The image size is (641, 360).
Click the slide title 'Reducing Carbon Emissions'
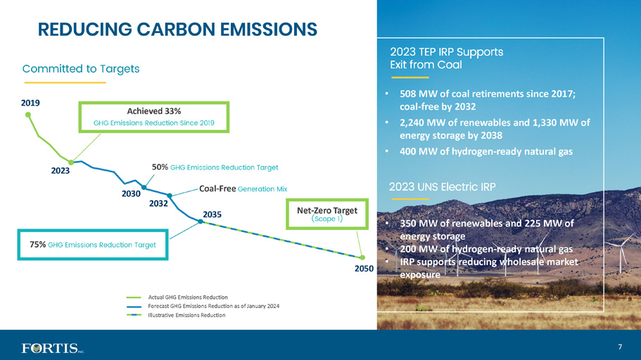click(177, 30)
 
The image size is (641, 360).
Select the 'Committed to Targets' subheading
click(81, 69)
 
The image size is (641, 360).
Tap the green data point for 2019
click(28, 115)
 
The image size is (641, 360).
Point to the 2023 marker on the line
click(71, 162)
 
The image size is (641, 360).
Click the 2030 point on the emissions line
click(144, 188)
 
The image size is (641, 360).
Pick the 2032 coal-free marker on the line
click(170, 195)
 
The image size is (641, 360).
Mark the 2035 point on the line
click(201, 221)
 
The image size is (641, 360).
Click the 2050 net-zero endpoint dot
click(362, 257)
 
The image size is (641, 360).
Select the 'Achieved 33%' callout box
click(153, 117)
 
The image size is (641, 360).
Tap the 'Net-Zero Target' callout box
click(327, 214)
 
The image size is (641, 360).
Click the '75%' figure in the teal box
click(37, 245)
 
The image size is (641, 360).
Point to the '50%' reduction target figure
click(160, 167)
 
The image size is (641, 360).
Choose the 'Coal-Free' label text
click(217, 188)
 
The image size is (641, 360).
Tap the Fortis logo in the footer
click(53, 348)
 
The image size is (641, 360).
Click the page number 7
click(620, 347)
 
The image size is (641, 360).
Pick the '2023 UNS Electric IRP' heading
click(443, 187)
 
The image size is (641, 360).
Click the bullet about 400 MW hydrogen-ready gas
click(486, 152)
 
